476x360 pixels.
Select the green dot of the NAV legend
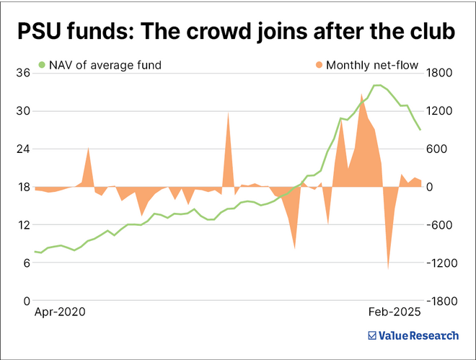click(42, 65)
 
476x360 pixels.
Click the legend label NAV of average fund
click(105, 65)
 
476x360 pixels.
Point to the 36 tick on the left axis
click(23, 74)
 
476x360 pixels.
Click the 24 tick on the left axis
click(23, 149)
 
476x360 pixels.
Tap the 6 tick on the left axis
click(26, 263)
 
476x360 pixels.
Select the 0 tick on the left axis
click(26, 301)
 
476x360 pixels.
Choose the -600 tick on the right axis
click(443, 225)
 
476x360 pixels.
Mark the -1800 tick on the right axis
click(443, 301)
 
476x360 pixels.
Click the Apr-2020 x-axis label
click(60, 312)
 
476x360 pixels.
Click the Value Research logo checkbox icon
click(372, 335)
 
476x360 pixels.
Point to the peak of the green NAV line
click(376, 85)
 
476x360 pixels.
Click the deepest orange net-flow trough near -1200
click(388, 269)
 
